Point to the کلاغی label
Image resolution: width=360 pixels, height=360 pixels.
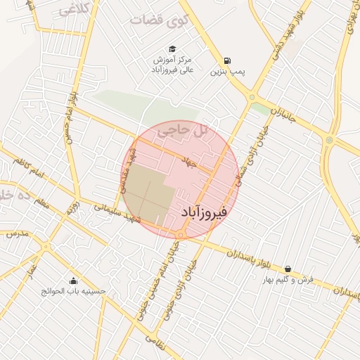[73, 10]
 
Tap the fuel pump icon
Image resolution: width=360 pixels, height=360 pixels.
[227, 60]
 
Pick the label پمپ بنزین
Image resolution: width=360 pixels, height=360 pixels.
[227, 72]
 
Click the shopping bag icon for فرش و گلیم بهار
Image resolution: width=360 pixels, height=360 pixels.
[288, 269]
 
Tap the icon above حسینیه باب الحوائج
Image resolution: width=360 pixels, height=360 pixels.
[73, 281]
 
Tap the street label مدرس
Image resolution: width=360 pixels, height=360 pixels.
[15, 233]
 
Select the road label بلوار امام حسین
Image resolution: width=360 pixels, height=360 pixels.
[70, 116]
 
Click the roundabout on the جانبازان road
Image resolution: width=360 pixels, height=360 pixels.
[328, 140]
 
